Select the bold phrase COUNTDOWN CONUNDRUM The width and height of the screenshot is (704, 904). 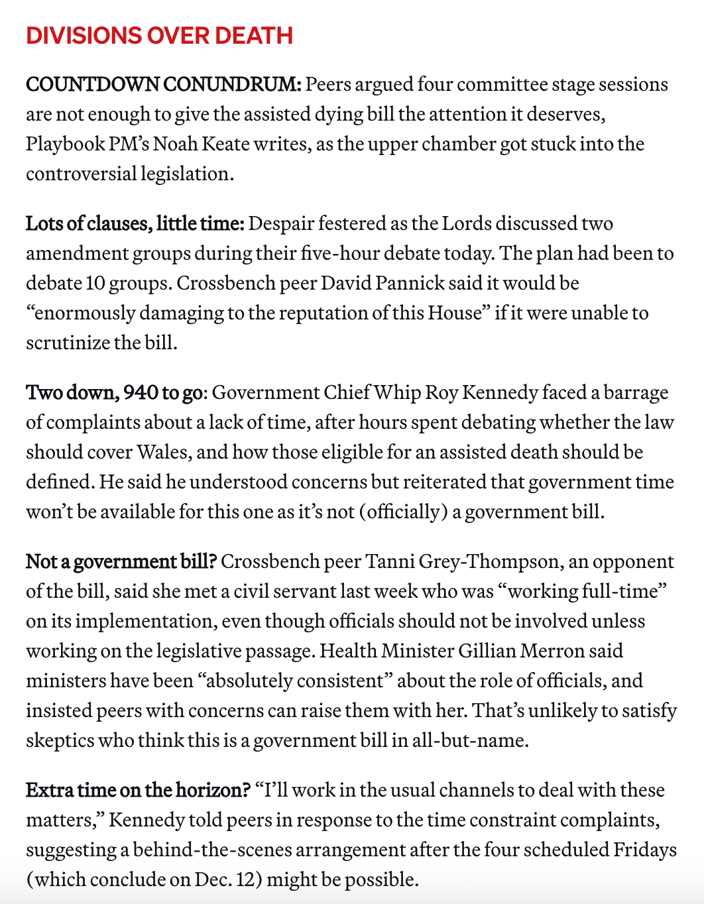click(x=163, y=85)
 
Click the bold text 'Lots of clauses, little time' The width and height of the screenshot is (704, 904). click(x=135, y=223)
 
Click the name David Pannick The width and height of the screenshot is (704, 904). click(x=382, y=283)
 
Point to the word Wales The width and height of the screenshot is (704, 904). click(x=163, y=452)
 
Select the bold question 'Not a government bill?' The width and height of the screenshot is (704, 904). click(x=121, y=561)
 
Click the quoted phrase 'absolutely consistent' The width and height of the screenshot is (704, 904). click(x=295, y=681)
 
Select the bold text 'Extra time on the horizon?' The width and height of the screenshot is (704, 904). click(x=138, y=790)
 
